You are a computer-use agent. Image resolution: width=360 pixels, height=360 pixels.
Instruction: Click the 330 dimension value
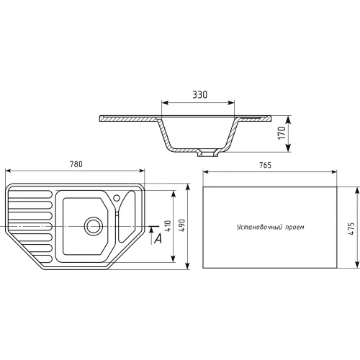coord(201,94)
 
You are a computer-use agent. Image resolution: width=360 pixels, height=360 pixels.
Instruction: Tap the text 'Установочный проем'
coord(270,227)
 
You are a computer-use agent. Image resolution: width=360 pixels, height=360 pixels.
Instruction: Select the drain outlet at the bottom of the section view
coord(208,153)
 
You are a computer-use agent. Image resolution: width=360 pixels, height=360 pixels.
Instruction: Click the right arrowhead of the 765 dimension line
coord(336,173)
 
